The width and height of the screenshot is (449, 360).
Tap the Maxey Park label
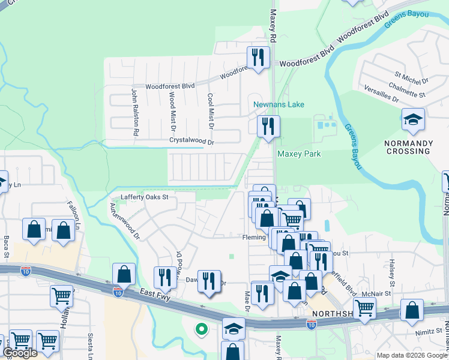tap(299, 154)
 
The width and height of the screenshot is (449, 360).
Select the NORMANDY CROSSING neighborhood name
tap(412, 147)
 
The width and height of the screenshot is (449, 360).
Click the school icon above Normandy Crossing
tap(413, 120)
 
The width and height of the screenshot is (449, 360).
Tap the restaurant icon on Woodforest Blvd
tap(258, 58)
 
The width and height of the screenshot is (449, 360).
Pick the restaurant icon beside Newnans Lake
tap(268, 127)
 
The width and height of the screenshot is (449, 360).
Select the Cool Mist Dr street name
tap(210, 112)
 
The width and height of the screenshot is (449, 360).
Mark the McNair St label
tap(376, 294)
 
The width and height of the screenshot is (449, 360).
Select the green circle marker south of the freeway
tap(202, 328)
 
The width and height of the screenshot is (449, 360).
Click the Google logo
tap(20, 353)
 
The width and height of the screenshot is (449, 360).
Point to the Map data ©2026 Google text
tap(412, 355)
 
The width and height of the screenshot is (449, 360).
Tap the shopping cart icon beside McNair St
tap(364, 308)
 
